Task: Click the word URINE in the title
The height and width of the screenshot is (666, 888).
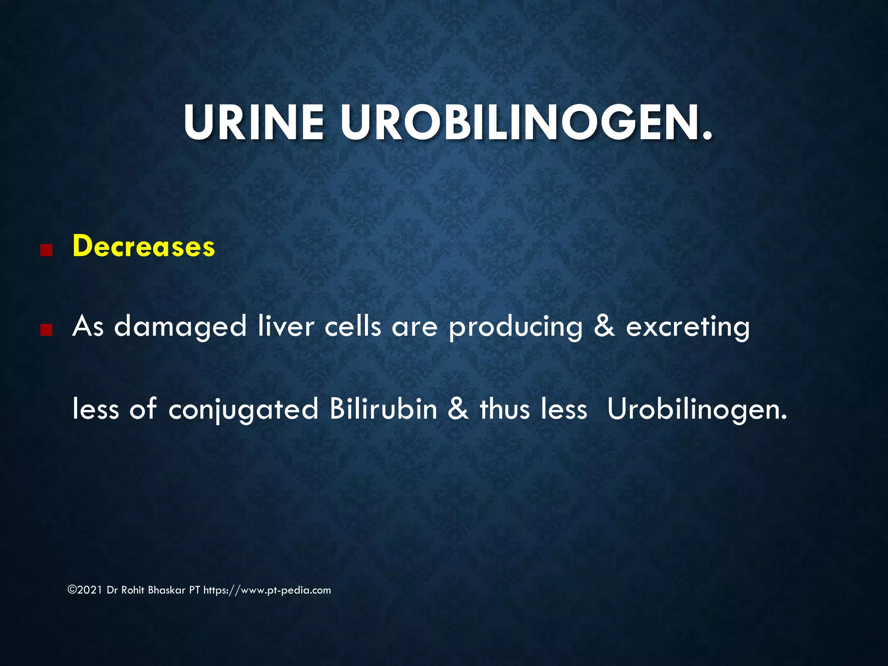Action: click(x=254, y=123)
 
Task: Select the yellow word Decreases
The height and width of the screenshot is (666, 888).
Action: click(x=144, y=246)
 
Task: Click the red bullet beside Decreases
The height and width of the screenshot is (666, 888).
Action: click(x=46, y=251)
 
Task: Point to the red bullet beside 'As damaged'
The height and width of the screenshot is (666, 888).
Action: click(x=46, y=331)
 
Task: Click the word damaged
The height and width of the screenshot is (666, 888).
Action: click(x=180, y=327)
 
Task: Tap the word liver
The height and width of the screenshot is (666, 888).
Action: click(x=286, y=326)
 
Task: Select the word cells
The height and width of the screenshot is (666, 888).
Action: click(x=353, y=326)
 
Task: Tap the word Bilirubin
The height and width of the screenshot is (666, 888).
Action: click(x=383, y=408)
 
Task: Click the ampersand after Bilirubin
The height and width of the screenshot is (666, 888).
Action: click(x=458, y=408)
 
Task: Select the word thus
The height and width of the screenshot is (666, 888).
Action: click(x=505, y=408)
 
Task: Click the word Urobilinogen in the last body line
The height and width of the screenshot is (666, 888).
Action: click(x=697, y=409)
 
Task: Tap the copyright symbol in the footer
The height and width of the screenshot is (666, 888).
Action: click(x=72, y=590)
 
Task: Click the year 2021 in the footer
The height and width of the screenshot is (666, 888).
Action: click(x=91, y=590)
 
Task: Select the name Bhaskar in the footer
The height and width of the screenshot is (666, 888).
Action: click(x=166, y=590)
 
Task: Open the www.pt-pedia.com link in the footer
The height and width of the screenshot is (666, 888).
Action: click(x=285, y=590)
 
